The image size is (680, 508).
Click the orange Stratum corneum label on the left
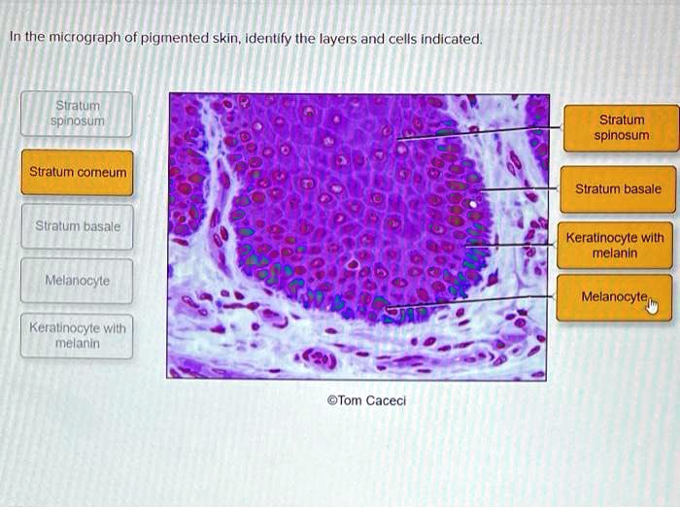click(x=78, y=172)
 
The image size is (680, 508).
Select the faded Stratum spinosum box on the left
click(x=78, y=114)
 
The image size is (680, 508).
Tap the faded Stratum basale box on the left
click(x=78, y=226)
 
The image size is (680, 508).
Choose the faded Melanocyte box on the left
click(x=78, y=281)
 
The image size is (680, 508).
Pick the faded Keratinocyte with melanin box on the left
click(x=78, y=335)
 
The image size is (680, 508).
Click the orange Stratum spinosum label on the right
click(x=618, y=128)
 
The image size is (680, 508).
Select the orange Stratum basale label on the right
click(x=618, y=189)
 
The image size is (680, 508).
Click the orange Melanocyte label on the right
click(x=613, y=296)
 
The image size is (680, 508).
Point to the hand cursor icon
click(x=652, y=307)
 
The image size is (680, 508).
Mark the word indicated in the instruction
click(x=450, y=39)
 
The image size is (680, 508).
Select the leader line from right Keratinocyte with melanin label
click(x=515, y=245)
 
